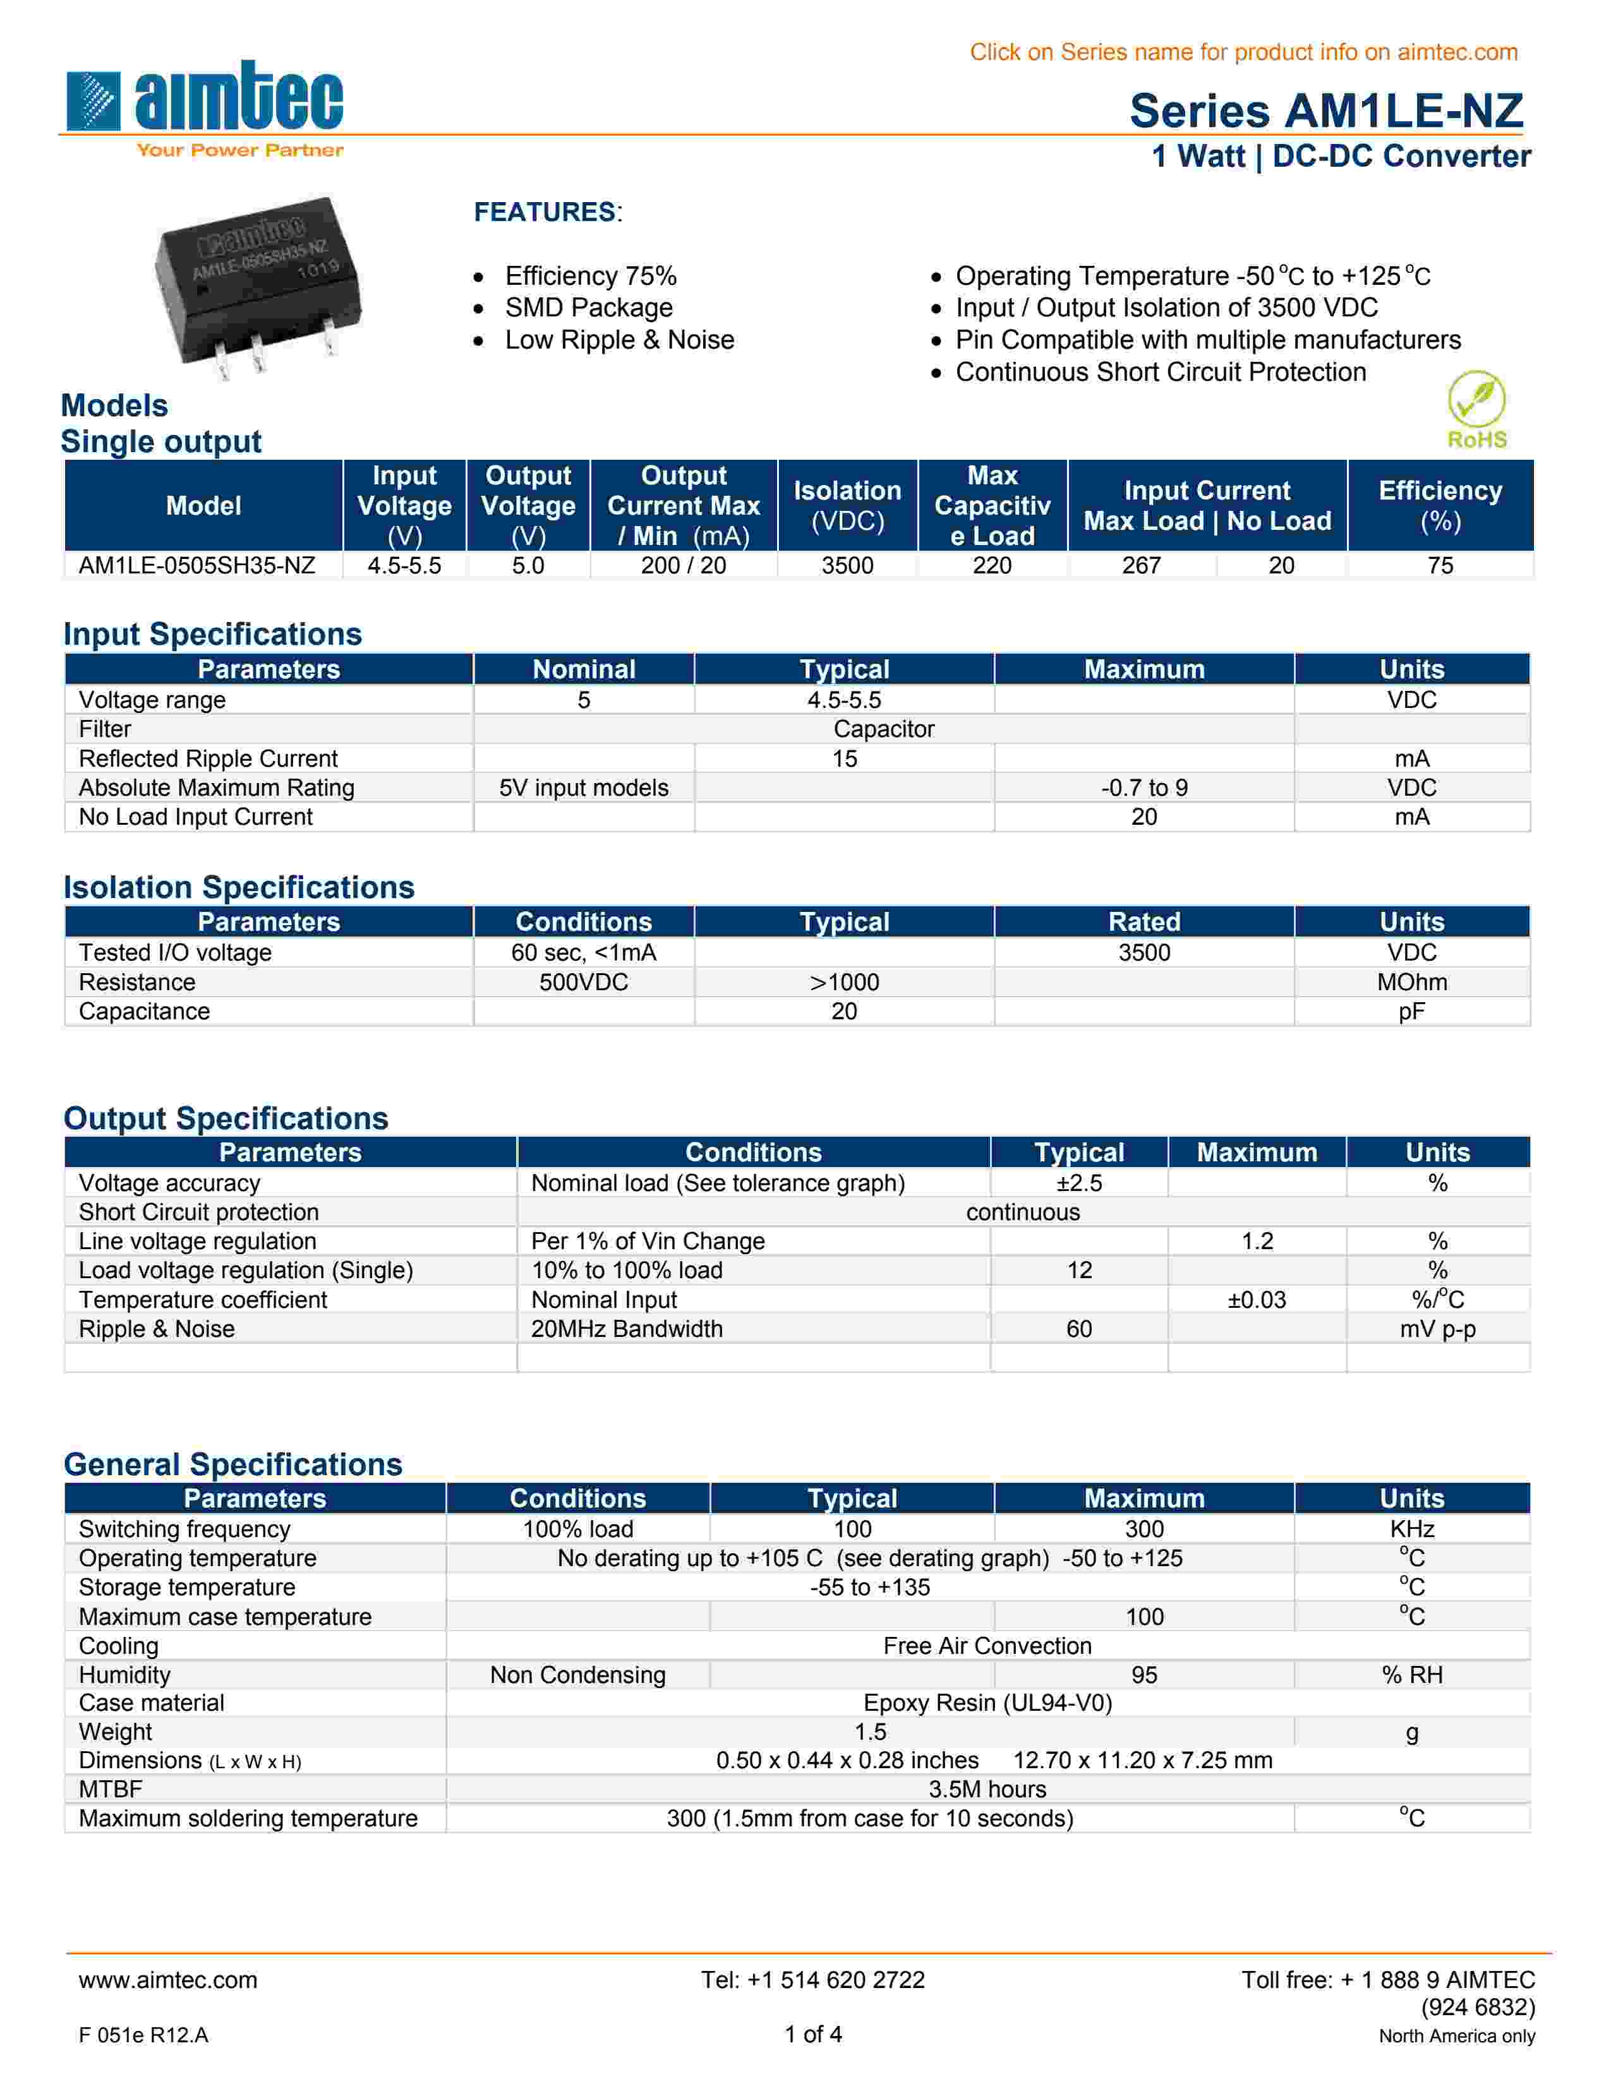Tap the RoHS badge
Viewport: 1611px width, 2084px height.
pyautogui.click(x=1476, y=410)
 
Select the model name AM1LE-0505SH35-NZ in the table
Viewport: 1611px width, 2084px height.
pyautogui.click(x=196, y=566)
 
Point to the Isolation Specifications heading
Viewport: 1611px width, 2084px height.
pyautogui.click(x=239, y=887)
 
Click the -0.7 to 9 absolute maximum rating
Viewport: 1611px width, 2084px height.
pyautogui.click(x=1143, y=788)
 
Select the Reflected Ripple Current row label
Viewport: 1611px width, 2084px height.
pyautogui.click(x=208, y=758)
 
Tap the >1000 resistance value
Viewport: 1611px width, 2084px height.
pyautogui.click(x=843, y=982)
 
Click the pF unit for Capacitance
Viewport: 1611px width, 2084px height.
pyautogui.click(x=1411, y=1012)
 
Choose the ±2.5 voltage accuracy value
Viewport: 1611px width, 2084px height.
pyautogui.click(x=1078, y=1183)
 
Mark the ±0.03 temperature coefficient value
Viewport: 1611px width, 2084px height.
pyautogui.click(x=1256, y=1300)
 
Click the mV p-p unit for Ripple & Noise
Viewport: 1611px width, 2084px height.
pyautogui.click(x=1437, y=1329)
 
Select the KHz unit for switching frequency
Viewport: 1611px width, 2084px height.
pyautogui.click(x=1411, y=1530)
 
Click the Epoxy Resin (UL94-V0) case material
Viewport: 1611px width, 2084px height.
pyautogui.click(x=987, y=1703)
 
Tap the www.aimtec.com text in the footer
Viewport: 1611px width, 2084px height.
pyautogui.click(x=168, y=1980)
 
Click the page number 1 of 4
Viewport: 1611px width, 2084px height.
pyautogui.click(x=813, y=2034)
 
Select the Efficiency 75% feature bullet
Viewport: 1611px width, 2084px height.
pyautogui.click(x=591, y=277)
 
